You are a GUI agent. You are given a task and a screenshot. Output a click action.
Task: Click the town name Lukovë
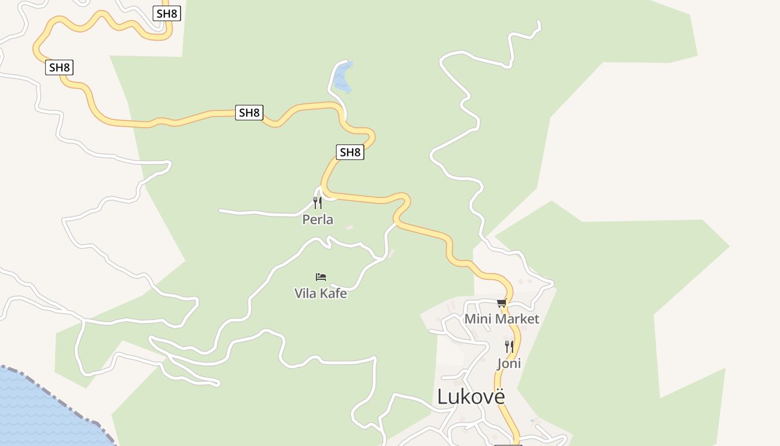point(471,396)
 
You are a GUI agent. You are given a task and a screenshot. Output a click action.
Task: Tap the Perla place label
point(318,220)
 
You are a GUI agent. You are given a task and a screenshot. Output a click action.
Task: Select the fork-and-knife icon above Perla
point(318,202)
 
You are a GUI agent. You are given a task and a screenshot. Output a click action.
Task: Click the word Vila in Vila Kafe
point(305,293)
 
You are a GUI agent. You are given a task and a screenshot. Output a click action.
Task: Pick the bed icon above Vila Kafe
point(321,277)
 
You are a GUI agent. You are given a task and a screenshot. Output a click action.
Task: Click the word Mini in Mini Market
point(476,319)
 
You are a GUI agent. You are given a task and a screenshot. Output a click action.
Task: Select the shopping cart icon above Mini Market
point(501,303)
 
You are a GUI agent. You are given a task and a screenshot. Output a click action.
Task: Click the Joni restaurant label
point(509,363)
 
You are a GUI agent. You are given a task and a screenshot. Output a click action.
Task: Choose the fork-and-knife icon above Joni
point(509,347)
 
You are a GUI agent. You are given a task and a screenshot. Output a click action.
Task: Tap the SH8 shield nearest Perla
point(350,152)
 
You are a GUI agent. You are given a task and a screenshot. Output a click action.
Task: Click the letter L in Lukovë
point(442,397)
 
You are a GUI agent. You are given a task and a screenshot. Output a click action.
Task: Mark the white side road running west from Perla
point(256,212)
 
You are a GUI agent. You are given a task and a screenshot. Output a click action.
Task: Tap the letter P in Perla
point(306,220)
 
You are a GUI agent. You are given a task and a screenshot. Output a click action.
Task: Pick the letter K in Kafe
point(322,293)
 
